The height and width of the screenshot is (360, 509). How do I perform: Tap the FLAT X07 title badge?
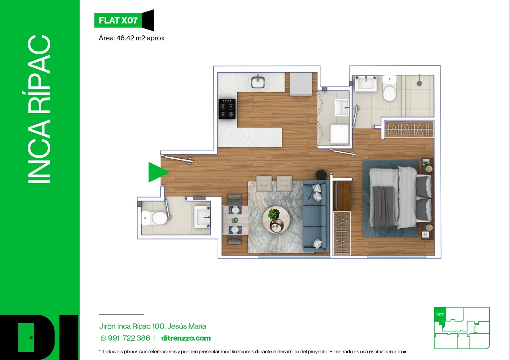point(124,20)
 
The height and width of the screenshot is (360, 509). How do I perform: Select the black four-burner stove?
point(227,109)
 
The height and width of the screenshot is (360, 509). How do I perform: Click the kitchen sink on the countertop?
point(258,82)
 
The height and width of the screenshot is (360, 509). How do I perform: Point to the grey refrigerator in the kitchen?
point(301,84)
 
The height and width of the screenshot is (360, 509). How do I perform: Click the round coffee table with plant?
point(276,220)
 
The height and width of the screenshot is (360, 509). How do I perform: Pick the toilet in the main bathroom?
point(389,88)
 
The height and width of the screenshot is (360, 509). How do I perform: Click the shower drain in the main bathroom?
point(419,83)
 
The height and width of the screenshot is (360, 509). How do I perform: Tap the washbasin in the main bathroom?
point(366,83)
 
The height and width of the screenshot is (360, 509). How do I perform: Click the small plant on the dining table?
point(235,220)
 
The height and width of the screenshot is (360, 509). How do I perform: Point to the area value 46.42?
point(125,38)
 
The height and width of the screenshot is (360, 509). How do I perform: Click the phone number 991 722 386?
point(129,338)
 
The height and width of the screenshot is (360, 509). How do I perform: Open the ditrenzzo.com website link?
point(186,338)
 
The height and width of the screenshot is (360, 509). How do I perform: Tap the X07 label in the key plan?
point(440,315)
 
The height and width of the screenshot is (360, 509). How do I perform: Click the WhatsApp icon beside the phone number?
point(103,338)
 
